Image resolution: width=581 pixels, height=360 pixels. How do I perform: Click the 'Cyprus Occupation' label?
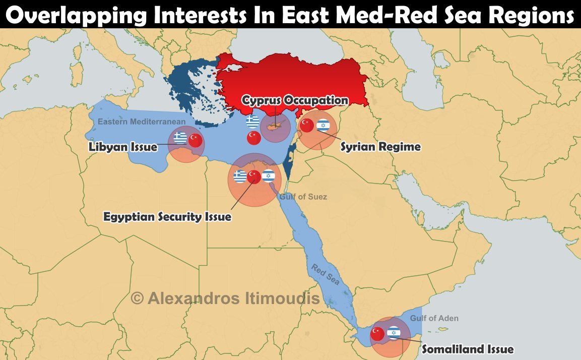(295, 100)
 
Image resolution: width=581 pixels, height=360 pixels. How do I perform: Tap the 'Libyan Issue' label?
(123, 147)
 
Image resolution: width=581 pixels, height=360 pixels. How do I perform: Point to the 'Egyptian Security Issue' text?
(167, 217)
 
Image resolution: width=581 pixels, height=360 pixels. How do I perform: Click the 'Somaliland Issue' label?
(467, 349)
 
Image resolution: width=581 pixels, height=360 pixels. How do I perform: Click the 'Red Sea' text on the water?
(326, 274)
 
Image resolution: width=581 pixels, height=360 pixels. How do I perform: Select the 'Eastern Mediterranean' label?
(142, 122)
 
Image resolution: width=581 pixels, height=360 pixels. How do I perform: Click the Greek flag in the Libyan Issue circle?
(180, 138)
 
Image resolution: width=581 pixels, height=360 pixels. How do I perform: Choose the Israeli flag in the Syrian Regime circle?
(323, 126)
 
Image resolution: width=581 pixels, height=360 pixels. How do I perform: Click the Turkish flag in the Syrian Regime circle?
(307, 126)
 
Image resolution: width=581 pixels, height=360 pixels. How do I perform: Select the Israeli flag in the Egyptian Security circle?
(269, 176)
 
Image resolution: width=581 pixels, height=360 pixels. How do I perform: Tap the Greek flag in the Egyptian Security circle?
(240, 176)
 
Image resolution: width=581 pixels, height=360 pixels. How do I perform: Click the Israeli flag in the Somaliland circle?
(394, 333)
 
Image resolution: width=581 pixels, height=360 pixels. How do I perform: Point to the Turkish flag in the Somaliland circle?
(377, 334)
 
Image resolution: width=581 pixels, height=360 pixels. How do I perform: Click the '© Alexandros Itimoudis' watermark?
(225, 298)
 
